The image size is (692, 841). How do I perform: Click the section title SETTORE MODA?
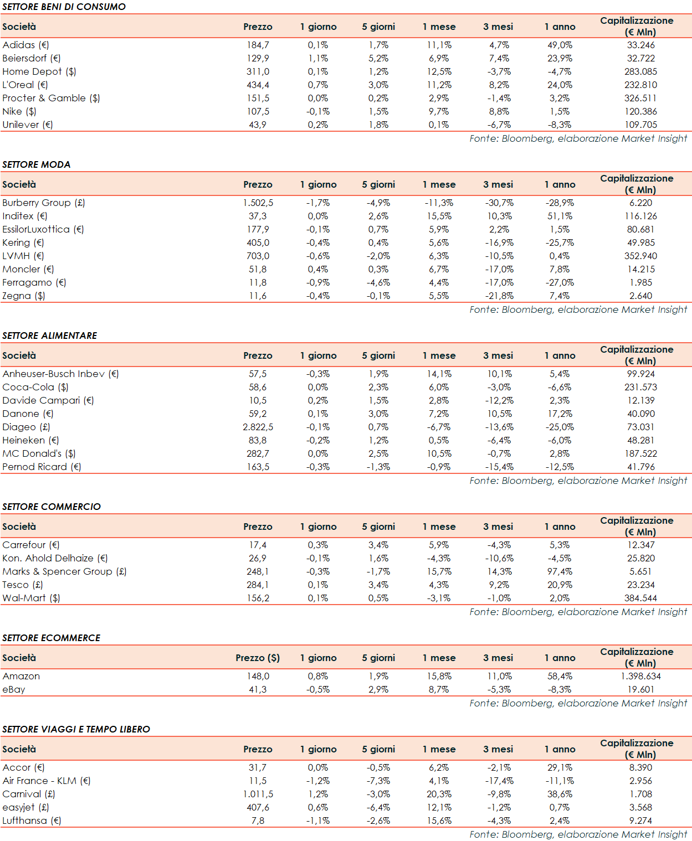37,164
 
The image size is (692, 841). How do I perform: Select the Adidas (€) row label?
25,45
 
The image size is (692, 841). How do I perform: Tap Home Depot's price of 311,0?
258,71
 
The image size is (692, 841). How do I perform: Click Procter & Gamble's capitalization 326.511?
640,98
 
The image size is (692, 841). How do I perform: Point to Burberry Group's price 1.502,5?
258,203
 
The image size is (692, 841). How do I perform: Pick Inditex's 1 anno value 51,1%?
560,216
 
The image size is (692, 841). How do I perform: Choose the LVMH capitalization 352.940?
640,256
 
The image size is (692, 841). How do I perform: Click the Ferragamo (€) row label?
34,282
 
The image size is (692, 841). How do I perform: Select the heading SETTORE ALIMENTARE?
50,336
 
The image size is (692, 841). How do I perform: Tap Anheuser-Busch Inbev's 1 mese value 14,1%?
439,374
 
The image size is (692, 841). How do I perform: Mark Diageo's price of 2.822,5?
258,427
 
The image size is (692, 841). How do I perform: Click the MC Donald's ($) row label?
39,453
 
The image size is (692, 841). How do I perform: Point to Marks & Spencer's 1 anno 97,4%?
560,571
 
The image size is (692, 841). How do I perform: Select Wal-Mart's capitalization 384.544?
640,598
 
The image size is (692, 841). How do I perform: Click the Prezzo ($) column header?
258,658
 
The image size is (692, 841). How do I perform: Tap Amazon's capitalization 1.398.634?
640,676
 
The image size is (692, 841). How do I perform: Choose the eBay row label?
14,689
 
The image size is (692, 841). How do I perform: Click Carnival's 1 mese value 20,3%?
439,794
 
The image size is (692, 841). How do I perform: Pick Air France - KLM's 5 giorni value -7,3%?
378,781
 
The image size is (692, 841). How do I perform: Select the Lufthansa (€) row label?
32,821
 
